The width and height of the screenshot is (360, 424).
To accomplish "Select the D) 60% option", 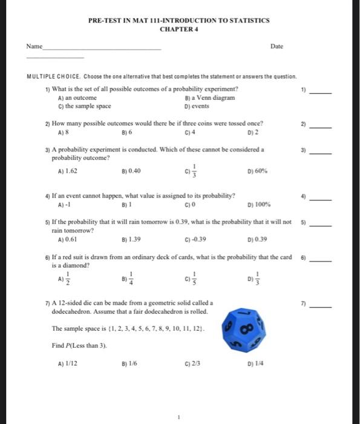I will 255,171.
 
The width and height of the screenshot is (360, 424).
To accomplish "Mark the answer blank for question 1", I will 322,93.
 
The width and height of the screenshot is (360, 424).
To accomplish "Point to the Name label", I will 34,46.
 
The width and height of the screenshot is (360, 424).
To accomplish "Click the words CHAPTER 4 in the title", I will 179,29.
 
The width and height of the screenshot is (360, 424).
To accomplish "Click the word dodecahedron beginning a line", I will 73,311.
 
